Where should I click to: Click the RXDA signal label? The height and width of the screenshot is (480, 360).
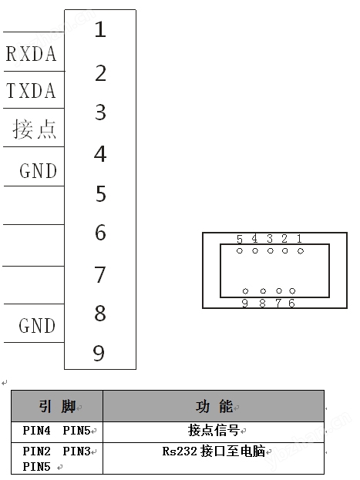tap(32, 54)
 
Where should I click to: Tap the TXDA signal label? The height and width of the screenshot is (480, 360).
tap(32, 90)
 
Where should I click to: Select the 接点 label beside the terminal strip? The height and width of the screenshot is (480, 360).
tap(35, 129)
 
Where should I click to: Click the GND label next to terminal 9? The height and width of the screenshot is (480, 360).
tap(37, 325)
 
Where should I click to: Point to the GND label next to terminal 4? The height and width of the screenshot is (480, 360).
tap(38, 170)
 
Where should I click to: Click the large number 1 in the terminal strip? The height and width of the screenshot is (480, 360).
tap(100, 29)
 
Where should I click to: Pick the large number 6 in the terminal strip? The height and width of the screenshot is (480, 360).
tap(100, 233)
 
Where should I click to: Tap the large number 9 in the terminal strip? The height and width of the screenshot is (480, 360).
tap(99, 353)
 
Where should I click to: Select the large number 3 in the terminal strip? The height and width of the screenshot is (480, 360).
tap(100, 112)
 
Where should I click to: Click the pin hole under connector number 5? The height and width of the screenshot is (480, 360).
tap(240, 250)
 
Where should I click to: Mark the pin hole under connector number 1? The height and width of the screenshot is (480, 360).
tap(301, 251)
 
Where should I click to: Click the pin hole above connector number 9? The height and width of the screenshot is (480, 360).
tap(245, 290)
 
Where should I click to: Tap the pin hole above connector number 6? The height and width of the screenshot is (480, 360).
tap(292, 290)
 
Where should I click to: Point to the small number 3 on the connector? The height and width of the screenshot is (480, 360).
tap(270, 239)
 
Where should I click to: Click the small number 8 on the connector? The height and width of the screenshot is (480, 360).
tap(262, 304)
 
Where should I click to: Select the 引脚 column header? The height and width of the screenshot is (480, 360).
tap(57, 407)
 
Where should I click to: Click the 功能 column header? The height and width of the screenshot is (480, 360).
tap(214, 407)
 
